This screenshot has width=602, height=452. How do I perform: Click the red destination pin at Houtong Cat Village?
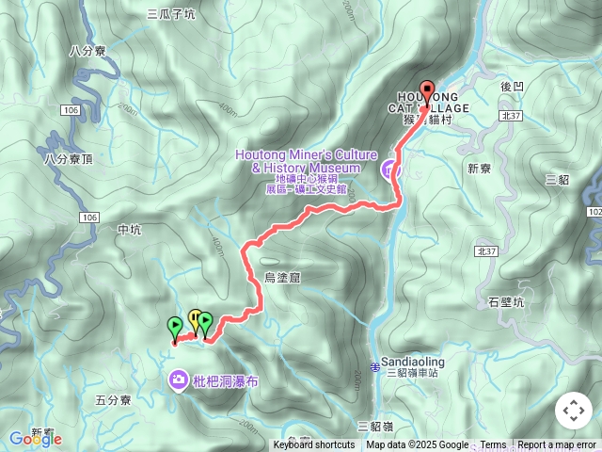[x=427, y=92]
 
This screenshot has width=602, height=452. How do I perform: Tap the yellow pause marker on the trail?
[x=195, y=318]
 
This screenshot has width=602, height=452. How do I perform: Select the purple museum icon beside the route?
[x=388, y=170]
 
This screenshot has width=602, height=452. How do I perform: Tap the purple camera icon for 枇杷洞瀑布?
[x=178, y=379]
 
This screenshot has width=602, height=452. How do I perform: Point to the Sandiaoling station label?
[x=413, y=362]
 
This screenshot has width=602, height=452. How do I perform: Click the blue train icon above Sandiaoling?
[x=375, y=365]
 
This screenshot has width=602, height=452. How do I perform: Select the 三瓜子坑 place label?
[x=171, y=14]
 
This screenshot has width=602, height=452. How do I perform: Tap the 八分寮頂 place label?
[x=69, y=159]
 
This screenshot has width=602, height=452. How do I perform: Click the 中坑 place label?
[x=129, y=229]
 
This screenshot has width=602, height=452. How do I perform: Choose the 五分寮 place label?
[x=113, y=400]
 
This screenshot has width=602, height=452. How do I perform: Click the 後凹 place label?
[x=513, y=87]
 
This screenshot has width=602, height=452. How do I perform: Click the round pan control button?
[x=573, y=411]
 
